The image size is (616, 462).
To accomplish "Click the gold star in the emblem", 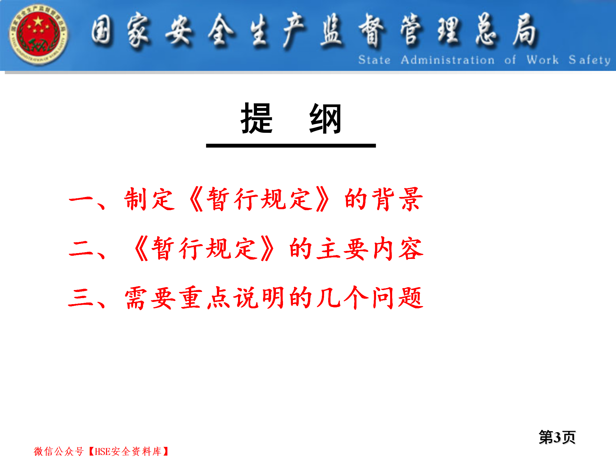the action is point(38,21).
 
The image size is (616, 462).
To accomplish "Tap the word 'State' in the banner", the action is point(374,60).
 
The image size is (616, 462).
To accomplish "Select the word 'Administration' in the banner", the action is point(448,60).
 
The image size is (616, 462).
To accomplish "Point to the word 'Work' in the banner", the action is point(543,60).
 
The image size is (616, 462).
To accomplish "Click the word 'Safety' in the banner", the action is point(589,60).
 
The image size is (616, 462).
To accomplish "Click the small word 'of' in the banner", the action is point(510,60).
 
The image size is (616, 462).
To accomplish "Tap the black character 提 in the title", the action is point(257,118).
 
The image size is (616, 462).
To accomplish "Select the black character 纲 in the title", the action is point(325,118).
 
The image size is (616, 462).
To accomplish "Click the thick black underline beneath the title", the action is point(291,146).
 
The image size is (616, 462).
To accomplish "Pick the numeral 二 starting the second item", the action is point(81,249).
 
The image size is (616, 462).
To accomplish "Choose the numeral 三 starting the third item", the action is point(81,298).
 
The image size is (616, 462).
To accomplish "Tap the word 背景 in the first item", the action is point(397,199).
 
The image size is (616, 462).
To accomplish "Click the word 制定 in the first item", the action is point(150,199).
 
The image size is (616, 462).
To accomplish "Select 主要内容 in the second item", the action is point(370,249).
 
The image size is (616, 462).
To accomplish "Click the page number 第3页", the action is point(557,437).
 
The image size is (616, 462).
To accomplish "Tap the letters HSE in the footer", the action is point(103,452).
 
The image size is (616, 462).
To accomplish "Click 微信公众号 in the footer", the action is point(59,451).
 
